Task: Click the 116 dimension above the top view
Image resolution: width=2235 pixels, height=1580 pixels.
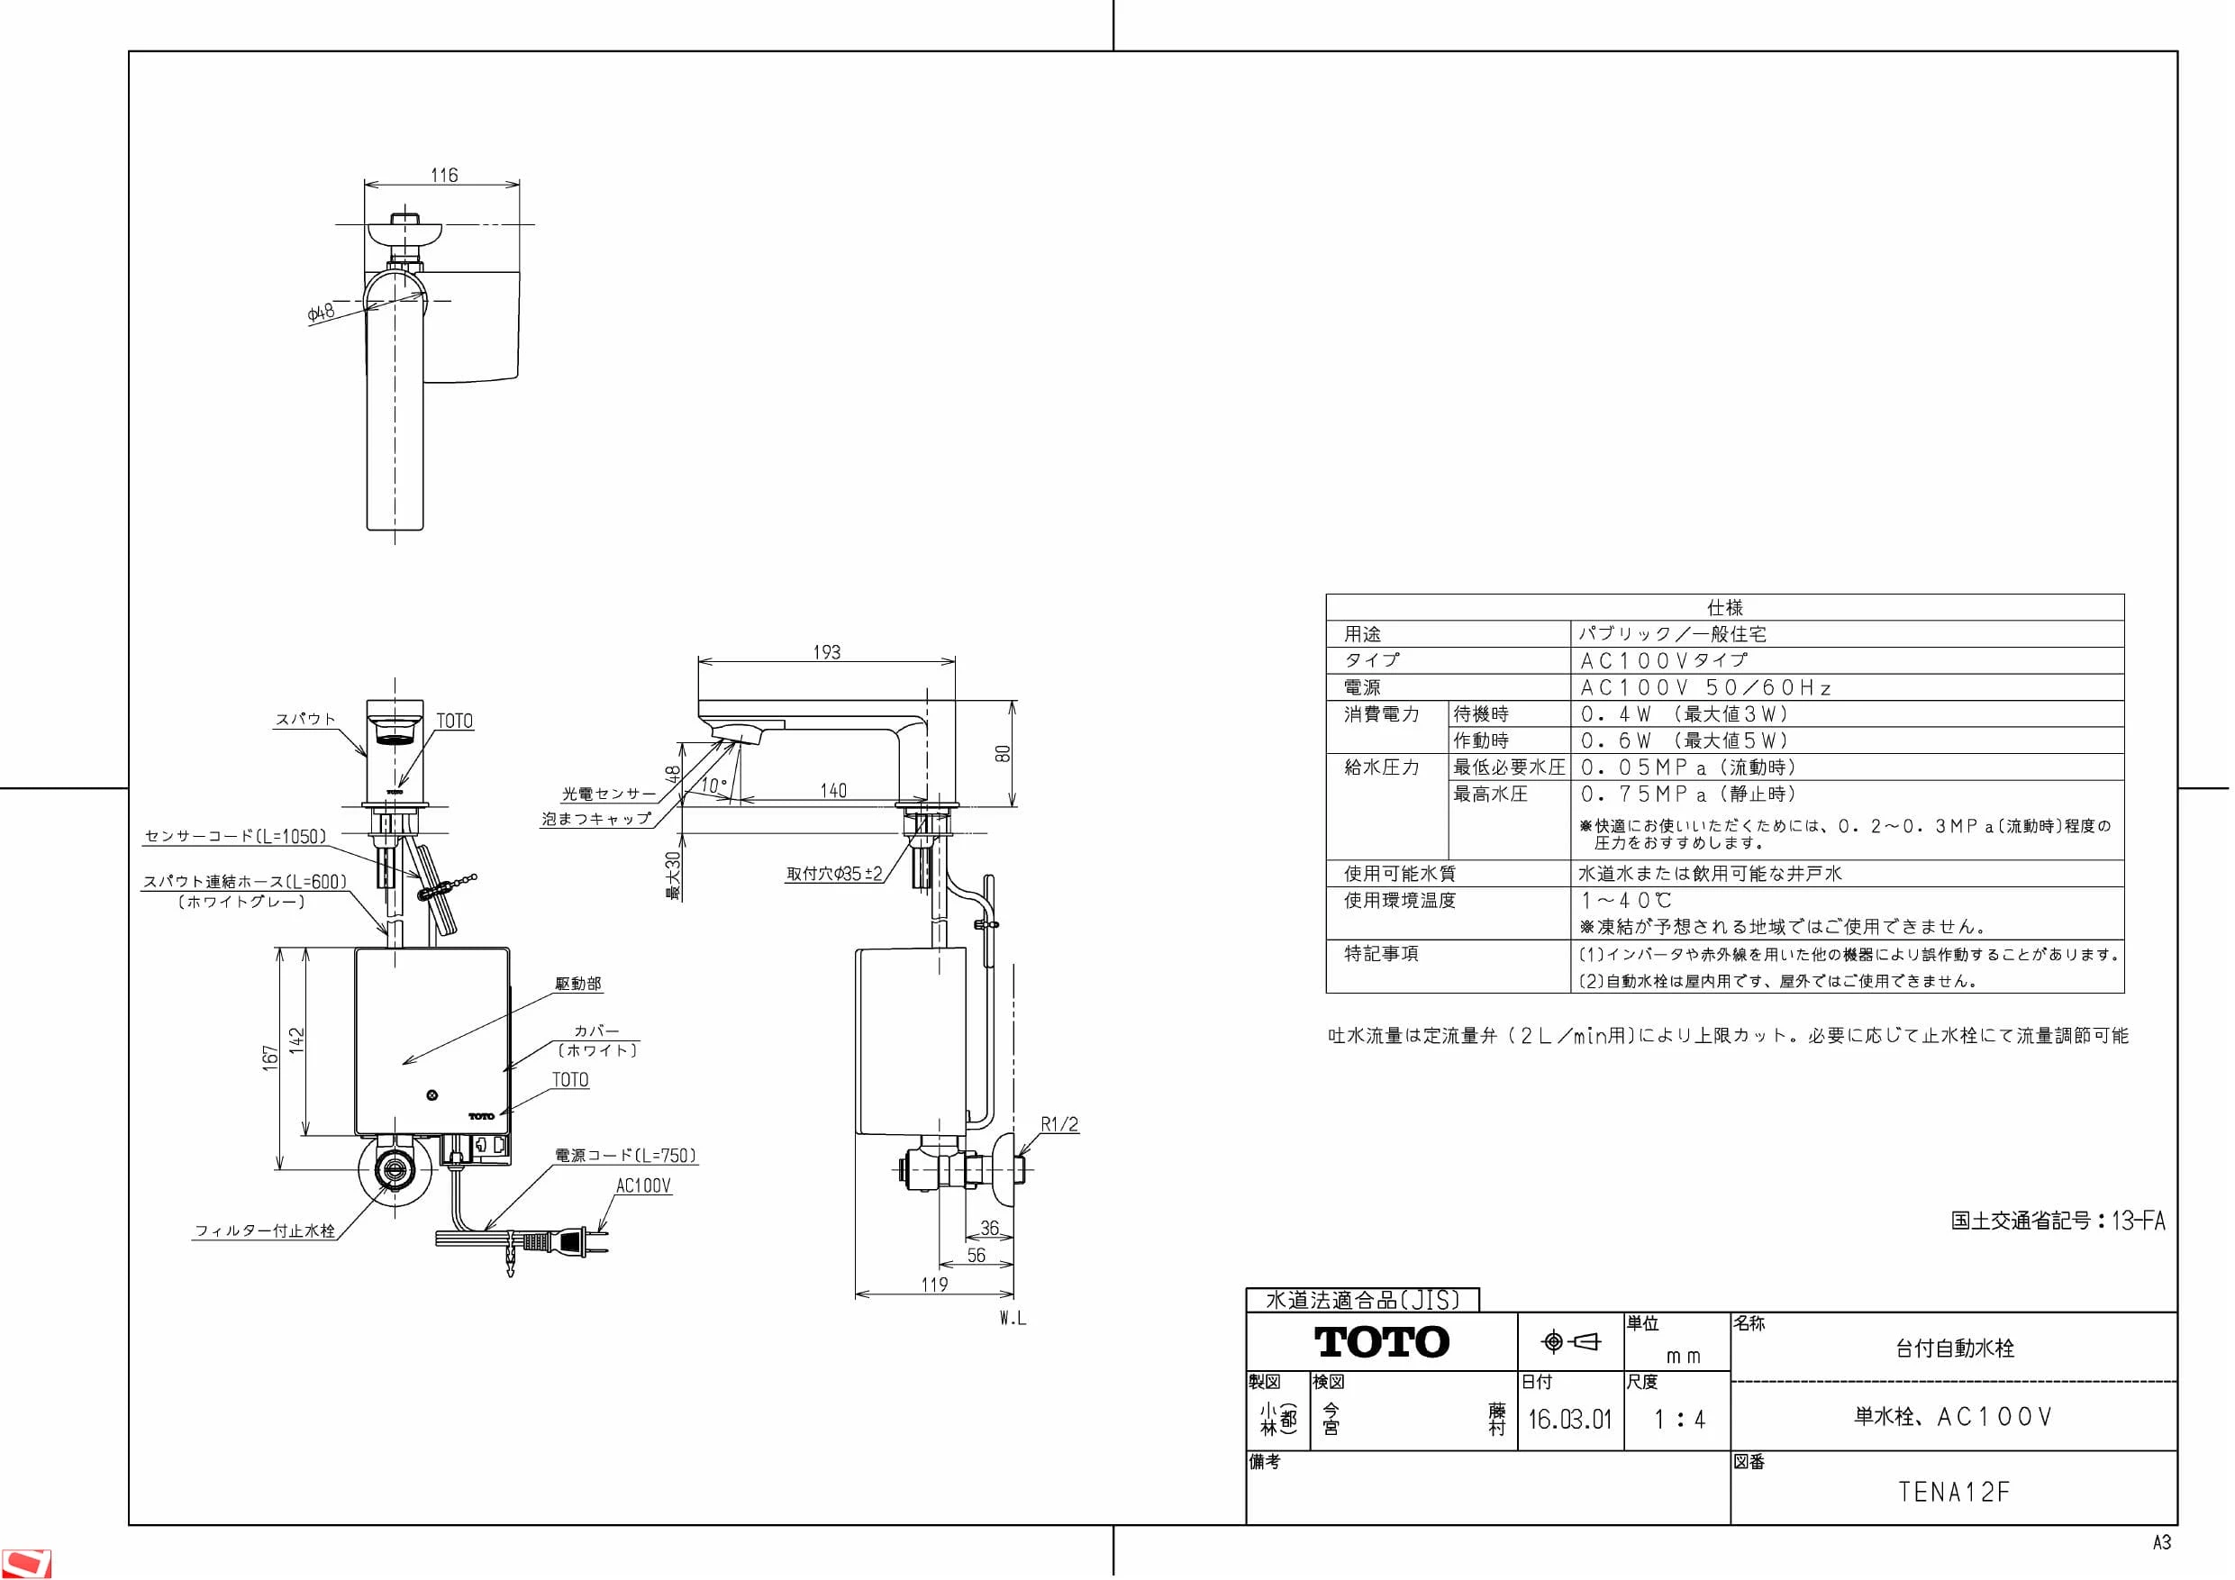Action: pos(444,176)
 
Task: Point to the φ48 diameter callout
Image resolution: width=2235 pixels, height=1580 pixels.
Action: pos(321,313)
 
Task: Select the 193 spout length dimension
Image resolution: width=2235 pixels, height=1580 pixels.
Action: pos(826,652)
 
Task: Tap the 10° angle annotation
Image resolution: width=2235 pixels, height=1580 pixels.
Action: pos(714,785)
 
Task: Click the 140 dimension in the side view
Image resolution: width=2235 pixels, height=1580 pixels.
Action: pos(833,791)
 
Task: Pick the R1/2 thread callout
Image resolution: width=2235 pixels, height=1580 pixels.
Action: pos(1060,1124)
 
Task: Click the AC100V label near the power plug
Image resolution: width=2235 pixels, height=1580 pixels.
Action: pos(643,1185)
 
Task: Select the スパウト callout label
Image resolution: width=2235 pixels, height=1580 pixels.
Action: pos(305,720)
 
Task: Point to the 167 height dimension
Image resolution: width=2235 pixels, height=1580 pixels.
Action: pos(269,1058)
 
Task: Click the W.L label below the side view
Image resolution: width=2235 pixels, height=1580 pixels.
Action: pos(1013,1319)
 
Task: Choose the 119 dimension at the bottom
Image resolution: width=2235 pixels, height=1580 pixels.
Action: pos(934,1284)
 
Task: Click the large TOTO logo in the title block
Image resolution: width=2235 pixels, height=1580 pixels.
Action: pos(1382,1342)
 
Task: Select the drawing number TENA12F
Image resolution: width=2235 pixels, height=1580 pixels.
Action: pos(1954,1492)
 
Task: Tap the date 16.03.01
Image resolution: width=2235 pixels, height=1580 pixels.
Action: pos(1569,1420)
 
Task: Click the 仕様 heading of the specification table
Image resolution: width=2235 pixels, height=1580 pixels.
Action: pos(1725,607)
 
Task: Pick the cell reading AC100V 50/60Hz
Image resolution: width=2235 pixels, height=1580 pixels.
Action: pos(1705,687)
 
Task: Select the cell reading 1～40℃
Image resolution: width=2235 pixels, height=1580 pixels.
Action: pos(1626,901)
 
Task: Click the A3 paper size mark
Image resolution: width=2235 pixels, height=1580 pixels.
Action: pos(2162,1543)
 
